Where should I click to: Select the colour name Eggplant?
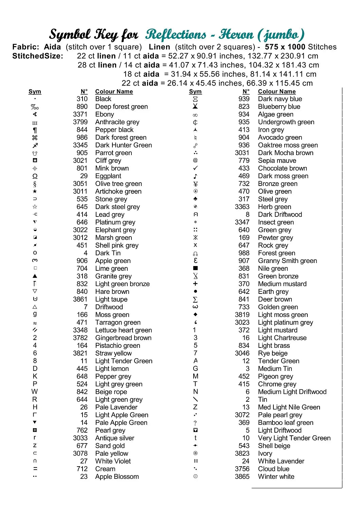(108, 176)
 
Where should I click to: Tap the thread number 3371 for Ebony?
(80, 114)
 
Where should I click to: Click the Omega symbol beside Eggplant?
(35, 176)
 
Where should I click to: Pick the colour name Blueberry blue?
(279, 107)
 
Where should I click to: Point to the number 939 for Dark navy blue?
(244, 99)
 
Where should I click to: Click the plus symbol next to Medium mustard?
(195, 284)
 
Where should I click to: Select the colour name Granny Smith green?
(287, 261)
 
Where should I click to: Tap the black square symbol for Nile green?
(195, 268)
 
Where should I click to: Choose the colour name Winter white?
(276, 476)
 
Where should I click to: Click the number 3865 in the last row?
(242, 476)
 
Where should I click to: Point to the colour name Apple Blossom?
(117, 476)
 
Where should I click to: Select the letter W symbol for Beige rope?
(35, 392)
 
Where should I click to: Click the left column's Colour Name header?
(114, 92)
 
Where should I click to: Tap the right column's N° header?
(246, 92)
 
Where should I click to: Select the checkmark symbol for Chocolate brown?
(195, 168)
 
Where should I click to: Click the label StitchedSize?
(38, 56)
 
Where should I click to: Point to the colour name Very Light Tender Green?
(294, 438)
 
